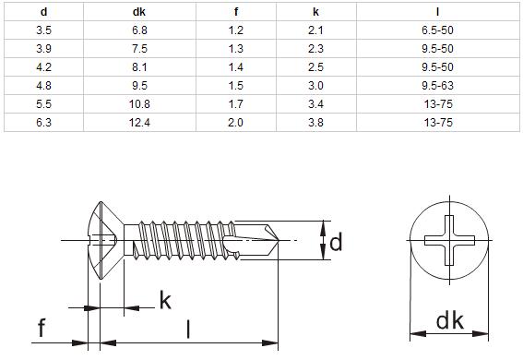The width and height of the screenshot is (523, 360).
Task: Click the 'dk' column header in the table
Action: [139, 12]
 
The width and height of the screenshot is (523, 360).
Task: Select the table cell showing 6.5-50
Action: [437, 30]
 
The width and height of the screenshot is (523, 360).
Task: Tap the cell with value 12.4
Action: [139, 123]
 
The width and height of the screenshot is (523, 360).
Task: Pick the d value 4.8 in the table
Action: [43, 86]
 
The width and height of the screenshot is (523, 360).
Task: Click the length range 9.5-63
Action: [437, 86]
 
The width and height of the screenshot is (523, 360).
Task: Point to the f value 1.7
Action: [235, 104]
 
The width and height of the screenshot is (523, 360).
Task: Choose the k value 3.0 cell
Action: [315, 86]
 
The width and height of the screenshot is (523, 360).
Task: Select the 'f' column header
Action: [236, 12]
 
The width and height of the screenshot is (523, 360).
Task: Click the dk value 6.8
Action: [139, 30]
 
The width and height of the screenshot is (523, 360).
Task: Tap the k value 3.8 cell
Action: [315, 123]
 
